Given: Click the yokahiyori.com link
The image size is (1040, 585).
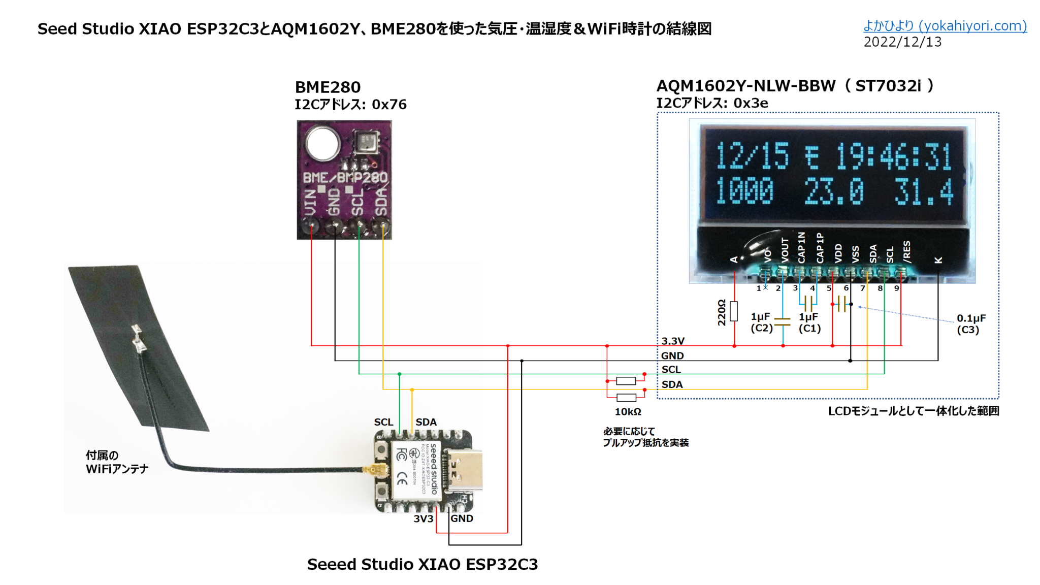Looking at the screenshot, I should pyautogui.click(x=945, y=26).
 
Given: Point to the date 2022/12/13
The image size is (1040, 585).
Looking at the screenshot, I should pyautogui.click(x=902, y=42).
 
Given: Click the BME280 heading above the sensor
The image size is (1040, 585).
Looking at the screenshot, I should pyautogui.click(x=328, y=87).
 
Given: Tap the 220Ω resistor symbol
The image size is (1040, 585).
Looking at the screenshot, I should pyautogui.click(x=734, y=311).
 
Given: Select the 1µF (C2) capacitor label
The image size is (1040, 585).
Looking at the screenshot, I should pyautogui.click(x=761, y=322).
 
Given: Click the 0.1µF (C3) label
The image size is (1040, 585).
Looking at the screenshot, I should pyautogui.click(x=970, y=324).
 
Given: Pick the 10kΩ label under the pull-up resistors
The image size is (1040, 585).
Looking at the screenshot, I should pyautogui.click(x=628, y=412).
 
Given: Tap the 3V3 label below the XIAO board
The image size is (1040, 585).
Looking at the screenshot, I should pyautogui.click(x=423, y=518).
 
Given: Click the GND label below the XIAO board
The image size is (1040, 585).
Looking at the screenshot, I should pyautogui.click(x=462, y=518).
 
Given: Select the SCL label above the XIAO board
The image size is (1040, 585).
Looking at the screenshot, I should pyautogui.click(x=383, y=422).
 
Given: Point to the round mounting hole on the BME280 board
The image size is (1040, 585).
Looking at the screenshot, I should pyautogui.click(x=322, y=143).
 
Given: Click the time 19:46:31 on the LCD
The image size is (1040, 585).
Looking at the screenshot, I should pyautogui.click(x=894, y=156).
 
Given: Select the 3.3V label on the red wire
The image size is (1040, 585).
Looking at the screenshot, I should pyautogui.click(x=673, y=341).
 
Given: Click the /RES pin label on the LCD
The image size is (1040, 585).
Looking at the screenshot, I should pyautogui.click(x=906, y=252).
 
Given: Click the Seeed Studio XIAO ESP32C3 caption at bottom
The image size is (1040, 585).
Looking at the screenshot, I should pyautogui.click(x=422, y=564).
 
